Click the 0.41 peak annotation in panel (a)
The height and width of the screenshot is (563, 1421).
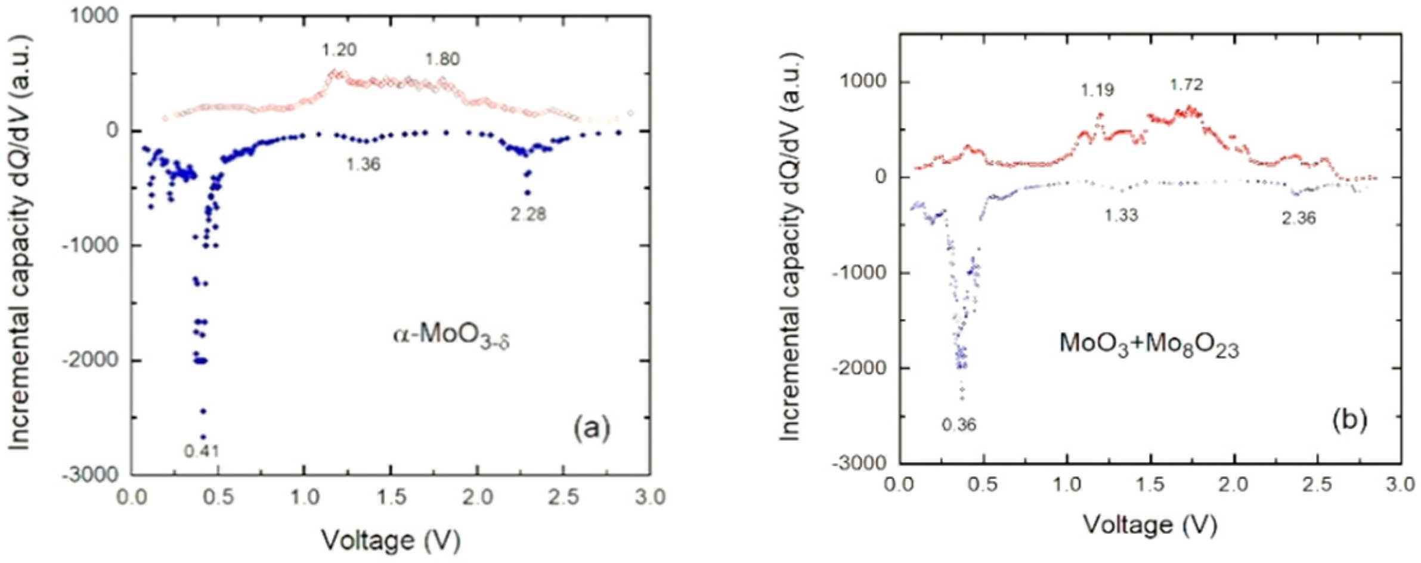coord(202,451)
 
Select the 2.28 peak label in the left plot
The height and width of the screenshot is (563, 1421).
coord(528,214)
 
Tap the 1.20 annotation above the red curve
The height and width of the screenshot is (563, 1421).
coord(339,50)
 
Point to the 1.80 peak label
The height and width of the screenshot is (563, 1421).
coord(442,59)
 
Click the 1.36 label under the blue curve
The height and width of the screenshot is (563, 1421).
coord(363,164)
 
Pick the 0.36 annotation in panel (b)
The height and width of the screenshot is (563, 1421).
coord(959,425)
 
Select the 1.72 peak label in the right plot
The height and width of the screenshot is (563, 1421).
coord(1186,85)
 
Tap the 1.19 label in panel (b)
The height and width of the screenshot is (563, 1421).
coord(1097,90)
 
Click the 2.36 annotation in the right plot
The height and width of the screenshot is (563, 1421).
coord(1299,218)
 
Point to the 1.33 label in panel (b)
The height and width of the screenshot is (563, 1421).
coord(1121,215)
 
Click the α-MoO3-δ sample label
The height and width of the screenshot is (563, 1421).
coord(451,336)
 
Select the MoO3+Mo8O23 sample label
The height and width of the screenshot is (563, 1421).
coord(1149,345)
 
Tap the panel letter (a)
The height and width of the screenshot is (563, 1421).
coord(592,428)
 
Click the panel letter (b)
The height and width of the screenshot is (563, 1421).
coord(1350,420)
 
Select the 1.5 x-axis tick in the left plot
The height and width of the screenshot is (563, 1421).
coord(391,496)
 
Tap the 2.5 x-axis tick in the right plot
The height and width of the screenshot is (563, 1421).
coord(1317,484)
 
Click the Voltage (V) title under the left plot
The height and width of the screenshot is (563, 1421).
coord(391,540)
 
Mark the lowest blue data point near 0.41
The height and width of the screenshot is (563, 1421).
coord(203,437)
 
